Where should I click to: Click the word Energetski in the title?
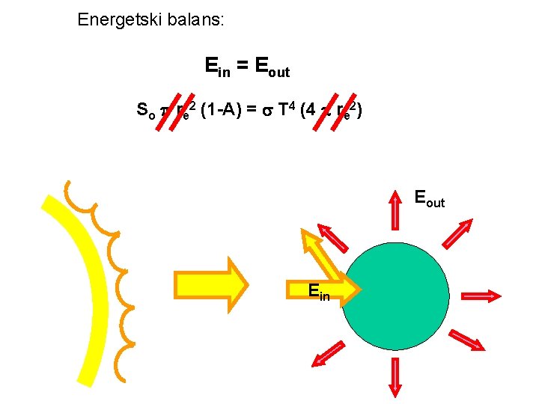click(x=115, y=19)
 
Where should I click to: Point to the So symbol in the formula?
click(x=146, y=112)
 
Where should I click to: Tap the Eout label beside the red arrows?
click(x=429, y=199)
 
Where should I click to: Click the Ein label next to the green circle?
click(x=318, y=291)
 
